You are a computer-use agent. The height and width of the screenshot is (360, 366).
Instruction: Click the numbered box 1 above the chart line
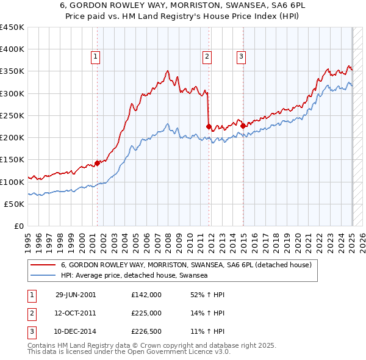click(96, 57)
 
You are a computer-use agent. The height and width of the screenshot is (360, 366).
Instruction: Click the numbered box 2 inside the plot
click(207, 57)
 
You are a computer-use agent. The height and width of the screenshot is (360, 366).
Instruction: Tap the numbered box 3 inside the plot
click(242, 57)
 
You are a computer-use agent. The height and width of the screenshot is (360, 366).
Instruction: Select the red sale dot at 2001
click(97, 163)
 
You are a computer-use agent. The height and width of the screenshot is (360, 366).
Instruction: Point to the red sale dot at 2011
click(209, 127)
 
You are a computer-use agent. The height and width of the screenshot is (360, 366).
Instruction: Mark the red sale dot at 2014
click(243, 126)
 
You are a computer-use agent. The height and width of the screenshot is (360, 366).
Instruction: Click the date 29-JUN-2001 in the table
click(76, 294)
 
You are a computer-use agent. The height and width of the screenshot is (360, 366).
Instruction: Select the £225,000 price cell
click(146, 313)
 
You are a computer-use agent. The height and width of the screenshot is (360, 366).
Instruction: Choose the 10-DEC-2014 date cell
click(76, 332)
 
